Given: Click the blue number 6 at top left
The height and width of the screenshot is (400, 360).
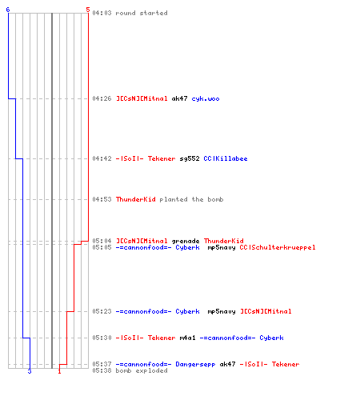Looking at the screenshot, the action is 8,10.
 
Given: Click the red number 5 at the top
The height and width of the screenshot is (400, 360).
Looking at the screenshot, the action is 88,10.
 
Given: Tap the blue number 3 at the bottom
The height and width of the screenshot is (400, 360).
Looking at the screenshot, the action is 30,371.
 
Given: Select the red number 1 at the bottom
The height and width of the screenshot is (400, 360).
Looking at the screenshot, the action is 59,371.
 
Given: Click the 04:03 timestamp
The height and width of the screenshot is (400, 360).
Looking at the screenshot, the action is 102,13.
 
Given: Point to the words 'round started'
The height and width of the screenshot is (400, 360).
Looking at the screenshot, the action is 142,13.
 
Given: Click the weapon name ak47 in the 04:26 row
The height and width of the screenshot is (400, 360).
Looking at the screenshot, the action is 179,98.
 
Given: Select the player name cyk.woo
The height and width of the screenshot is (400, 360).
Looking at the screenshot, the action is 206,99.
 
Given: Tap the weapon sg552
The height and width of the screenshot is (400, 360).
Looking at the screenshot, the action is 190,158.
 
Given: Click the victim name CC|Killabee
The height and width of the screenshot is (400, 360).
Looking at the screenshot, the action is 226,158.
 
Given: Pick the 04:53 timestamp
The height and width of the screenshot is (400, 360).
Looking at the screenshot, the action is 102,199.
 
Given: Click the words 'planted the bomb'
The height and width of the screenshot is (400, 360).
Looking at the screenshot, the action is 191,199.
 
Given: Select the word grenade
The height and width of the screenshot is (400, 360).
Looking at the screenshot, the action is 186,241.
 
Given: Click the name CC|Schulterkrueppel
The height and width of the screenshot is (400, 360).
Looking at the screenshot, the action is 278,247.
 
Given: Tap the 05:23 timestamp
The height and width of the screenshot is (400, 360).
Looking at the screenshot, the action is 102,311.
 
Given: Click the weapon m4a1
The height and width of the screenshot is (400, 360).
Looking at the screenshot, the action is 187,338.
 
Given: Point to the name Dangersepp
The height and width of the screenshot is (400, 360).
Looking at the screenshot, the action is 195,365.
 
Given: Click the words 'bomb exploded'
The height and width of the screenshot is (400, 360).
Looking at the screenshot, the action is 142,370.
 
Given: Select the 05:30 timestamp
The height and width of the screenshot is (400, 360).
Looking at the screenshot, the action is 102,338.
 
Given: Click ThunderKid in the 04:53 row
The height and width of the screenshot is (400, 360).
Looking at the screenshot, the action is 136,199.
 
